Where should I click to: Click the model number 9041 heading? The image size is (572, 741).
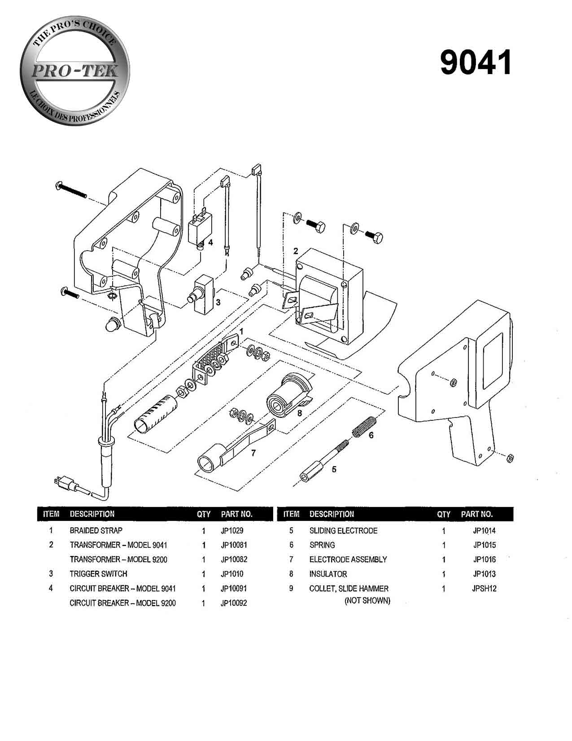476,62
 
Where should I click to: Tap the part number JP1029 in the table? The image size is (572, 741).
231,530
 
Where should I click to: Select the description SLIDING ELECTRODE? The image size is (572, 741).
343,530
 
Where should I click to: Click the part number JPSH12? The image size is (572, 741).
484,588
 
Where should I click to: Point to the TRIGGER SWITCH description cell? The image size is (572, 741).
98,573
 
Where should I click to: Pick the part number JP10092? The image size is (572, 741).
234,603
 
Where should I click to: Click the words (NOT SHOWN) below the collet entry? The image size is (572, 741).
367,601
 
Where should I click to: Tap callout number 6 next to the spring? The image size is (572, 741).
371,435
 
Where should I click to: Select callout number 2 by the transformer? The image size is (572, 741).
296,250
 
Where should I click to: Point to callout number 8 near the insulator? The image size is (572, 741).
300,413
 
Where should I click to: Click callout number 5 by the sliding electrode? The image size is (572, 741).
334,470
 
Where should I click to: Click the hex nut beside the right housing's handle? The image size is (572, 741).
510,458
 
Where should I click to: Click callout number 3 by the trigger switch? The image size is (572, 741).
218,302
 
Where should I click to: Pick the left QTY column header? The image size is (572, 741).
203,514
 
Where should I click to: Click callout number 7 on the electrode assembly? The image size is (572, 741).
253,453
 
